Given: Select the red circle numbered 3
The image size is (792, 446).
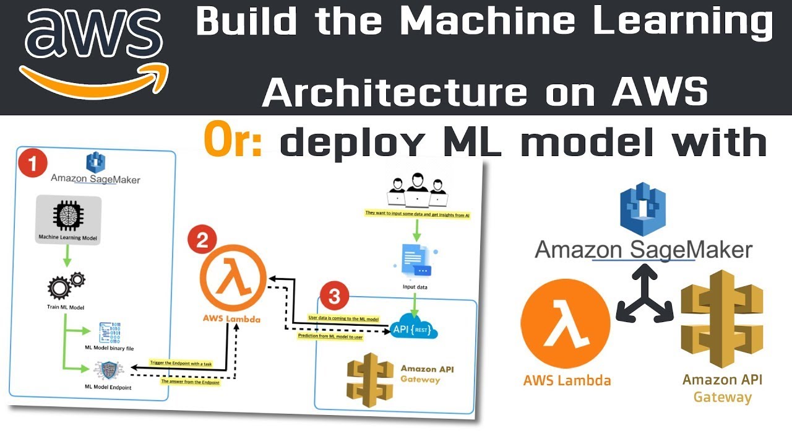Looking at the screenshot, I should click(x=334, y=297).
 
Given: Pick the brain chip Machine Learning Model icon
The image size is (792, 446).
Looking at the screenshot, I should click(x=68, y=215).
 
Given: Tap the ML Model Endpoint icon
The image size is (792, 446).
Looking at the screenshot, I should click(x=108, y=370).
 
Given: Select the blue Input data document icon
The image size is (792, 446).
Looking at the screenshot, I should click(x=415, y=261).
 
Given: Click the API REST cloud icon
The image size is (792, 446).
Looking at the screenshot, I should click(x=415, y=328).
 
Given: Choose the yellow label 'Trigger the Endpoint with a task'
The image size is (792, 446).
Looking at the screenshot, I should click(x=181, y=364).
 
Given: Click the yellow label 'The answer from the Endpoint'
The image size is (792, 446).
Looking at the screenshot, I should click(x=189, y=382).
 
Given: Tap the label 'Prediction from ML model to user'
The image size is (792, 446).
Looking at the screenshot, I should click(x=330, y=337).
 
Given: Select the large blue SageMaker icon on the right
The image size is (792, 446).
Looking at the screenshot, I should click(x=642, y=205).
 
